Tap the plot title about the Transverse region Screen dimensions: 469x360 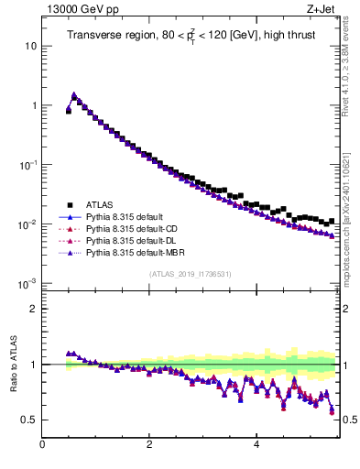[191, 36]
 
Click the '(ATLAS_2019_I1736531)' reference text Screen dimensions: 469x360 [191, 274]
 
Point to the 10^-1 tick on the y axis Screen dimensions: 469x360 [27, 165]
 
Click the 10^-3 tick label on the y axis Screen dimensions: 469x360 [27, 284]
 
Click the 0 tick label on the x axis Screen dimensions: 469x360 [42, 445]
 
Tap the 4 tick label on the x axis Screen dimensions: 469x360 [256, 445]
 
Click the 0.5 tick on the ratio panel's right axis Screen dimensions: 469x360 [349, 420]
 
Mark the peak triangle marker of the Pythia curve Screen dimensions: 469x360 [74, 94]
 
